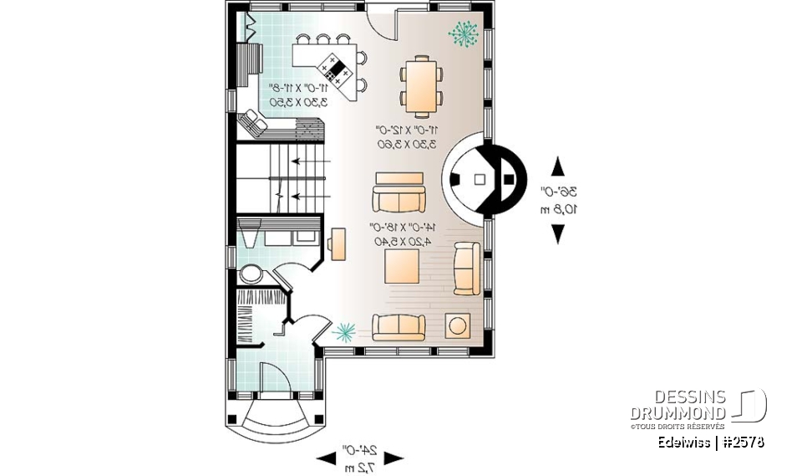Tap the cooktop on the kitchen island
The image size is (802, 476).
pyautogui.click(x=338, y=66)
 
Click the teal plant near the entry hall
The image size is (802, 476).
pyautogui.click(x=343, y=332)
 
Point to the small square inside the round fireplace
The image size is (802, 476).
pyautogui.click(x=480, y=178)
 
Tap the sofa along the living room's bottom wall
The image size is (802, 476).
pyautogui.click(x=398, y=326)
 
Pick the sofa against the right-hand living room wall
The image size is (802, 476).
pyautogui.click(x=466, y=268)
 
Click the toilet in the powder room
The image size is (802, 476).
pyautogui.click(x=249, y=274)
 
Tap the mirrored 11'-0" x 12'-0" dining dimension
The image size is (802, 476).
pyautogui.click(x=407, y=137)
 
